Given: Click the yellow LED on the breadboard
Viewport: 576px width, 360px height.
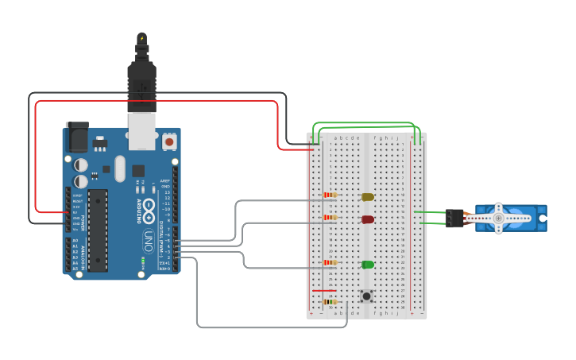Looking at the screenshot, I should [367, 196].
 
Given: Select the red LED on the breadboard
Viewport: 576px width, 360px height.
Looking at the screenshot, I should [367, 219].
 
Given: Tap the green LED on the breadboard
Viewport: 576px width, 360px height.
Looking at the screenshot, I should [367, 264].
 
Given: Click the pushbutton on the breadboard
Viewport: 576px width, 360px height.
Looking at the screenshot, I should [366, 296].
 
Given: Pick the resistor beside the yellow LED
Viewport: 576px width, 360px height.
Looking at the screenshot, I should [330, 195].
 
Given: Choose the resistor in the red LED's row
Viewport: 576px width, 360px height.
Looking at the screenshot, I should [330, 217].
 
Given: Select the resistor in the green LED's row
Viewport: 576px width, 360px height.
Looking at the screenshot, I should [330, 262].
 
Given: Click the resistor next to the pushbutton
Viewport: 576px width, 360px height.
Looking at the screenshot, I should [328, 302].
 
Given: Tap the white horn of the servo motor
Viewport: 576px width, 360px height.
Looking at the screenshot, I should [500, 218].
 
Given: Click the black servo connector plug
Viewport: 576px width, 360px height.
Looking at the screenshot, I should [454, 218].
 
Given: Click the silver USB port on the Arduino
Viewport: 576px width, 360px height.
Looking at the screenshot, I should [142, 132].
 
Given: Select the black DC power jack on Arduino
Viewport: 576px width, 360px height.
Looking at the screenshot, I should [78, 138].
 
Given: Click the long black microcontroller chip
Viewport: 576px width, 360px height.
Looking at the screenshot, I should [98, 230].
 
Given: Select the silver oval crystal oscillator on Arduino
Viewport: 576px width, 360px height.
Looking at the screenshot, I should [120, 168].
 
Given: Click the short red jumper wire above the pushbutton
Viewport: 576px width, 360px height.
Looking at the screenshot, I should [324, 291].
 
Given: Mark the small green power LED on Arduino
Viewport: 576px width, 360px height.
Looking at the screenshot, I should [143, 260].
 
